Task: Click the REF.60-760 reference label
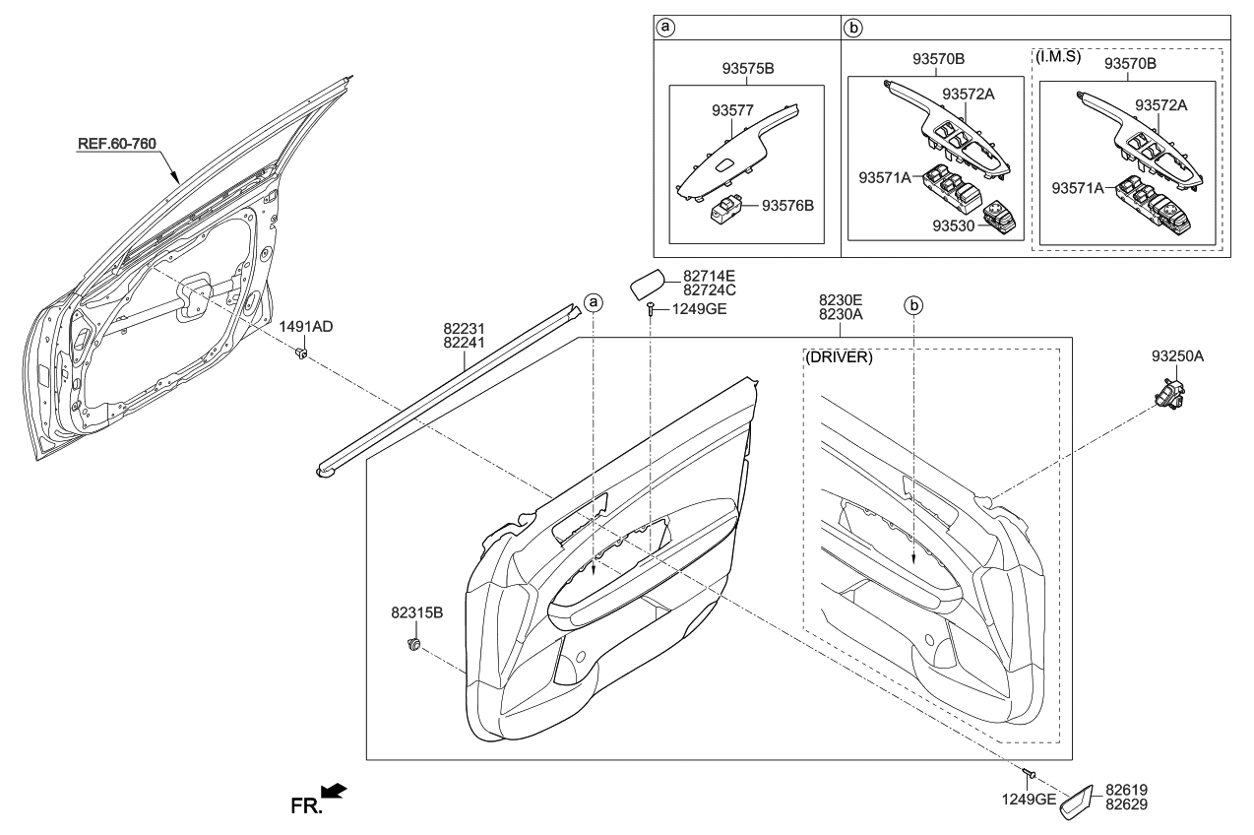click(x=116, y=144)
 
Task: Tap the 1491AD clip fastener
click(x=302, y=353)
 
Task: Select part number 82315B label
click(x=416, y=613)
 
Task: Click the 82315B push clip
click(x=413, y=644)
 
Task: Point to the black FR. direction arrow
click(x=334, y=791)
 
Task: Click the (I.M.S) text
click(x=1058, y=56)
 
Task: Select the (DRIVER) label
click(x=839, y=357)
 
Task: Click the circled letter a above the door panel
click(x=594, y=303)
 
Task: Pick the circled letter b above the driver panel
click(x=913, y=306)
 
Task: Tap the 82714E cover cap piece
click(x=647, y=284)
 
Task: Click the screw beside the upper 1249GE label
click(x=651, y=309)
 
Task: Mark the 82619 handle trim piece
click(x=1076, y=803)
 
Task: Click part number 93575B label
click(x=748, y=68)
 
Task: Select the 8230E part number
click(x=841, y=300)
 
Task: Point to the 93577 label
click(x=732, y=111)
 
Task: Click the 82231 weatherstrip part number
click(x=464, y=328)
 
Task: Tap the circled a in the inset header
click(x=665, y=27)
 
